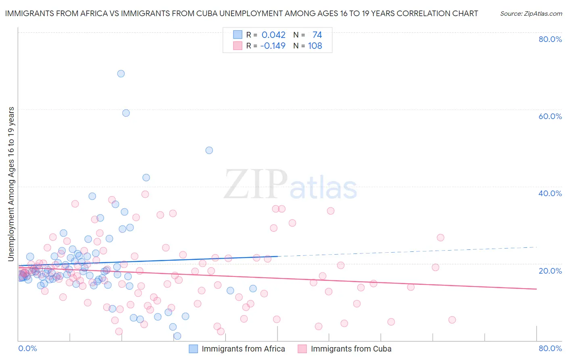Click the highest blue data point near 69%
pos(121,73)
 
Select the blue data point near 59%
pos(126,113)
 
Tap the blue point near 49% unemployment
pos(209,150)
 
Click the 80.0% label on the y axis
pos(550,39)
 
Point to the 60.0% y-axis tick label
pos(550,116)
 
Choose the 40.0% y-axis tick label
pos(550,193)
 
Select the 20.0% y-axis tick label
pos(550,271)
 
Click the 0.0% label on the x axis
pos(27,348)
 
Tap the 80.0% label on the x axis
pos(550,348)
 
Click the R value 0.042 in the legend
pos(273,35)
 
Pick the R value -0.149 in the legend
pos(273,46)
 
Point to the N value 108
pos(315,46)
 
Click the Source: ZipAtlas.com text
pos(531,13)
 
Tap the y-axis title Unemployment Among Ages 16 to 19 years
pos(11,184)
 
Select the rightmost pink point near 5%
pos(452,320)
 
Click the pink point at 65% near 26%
pos(440,237)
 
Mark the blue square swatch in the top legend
pos(238,35)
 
